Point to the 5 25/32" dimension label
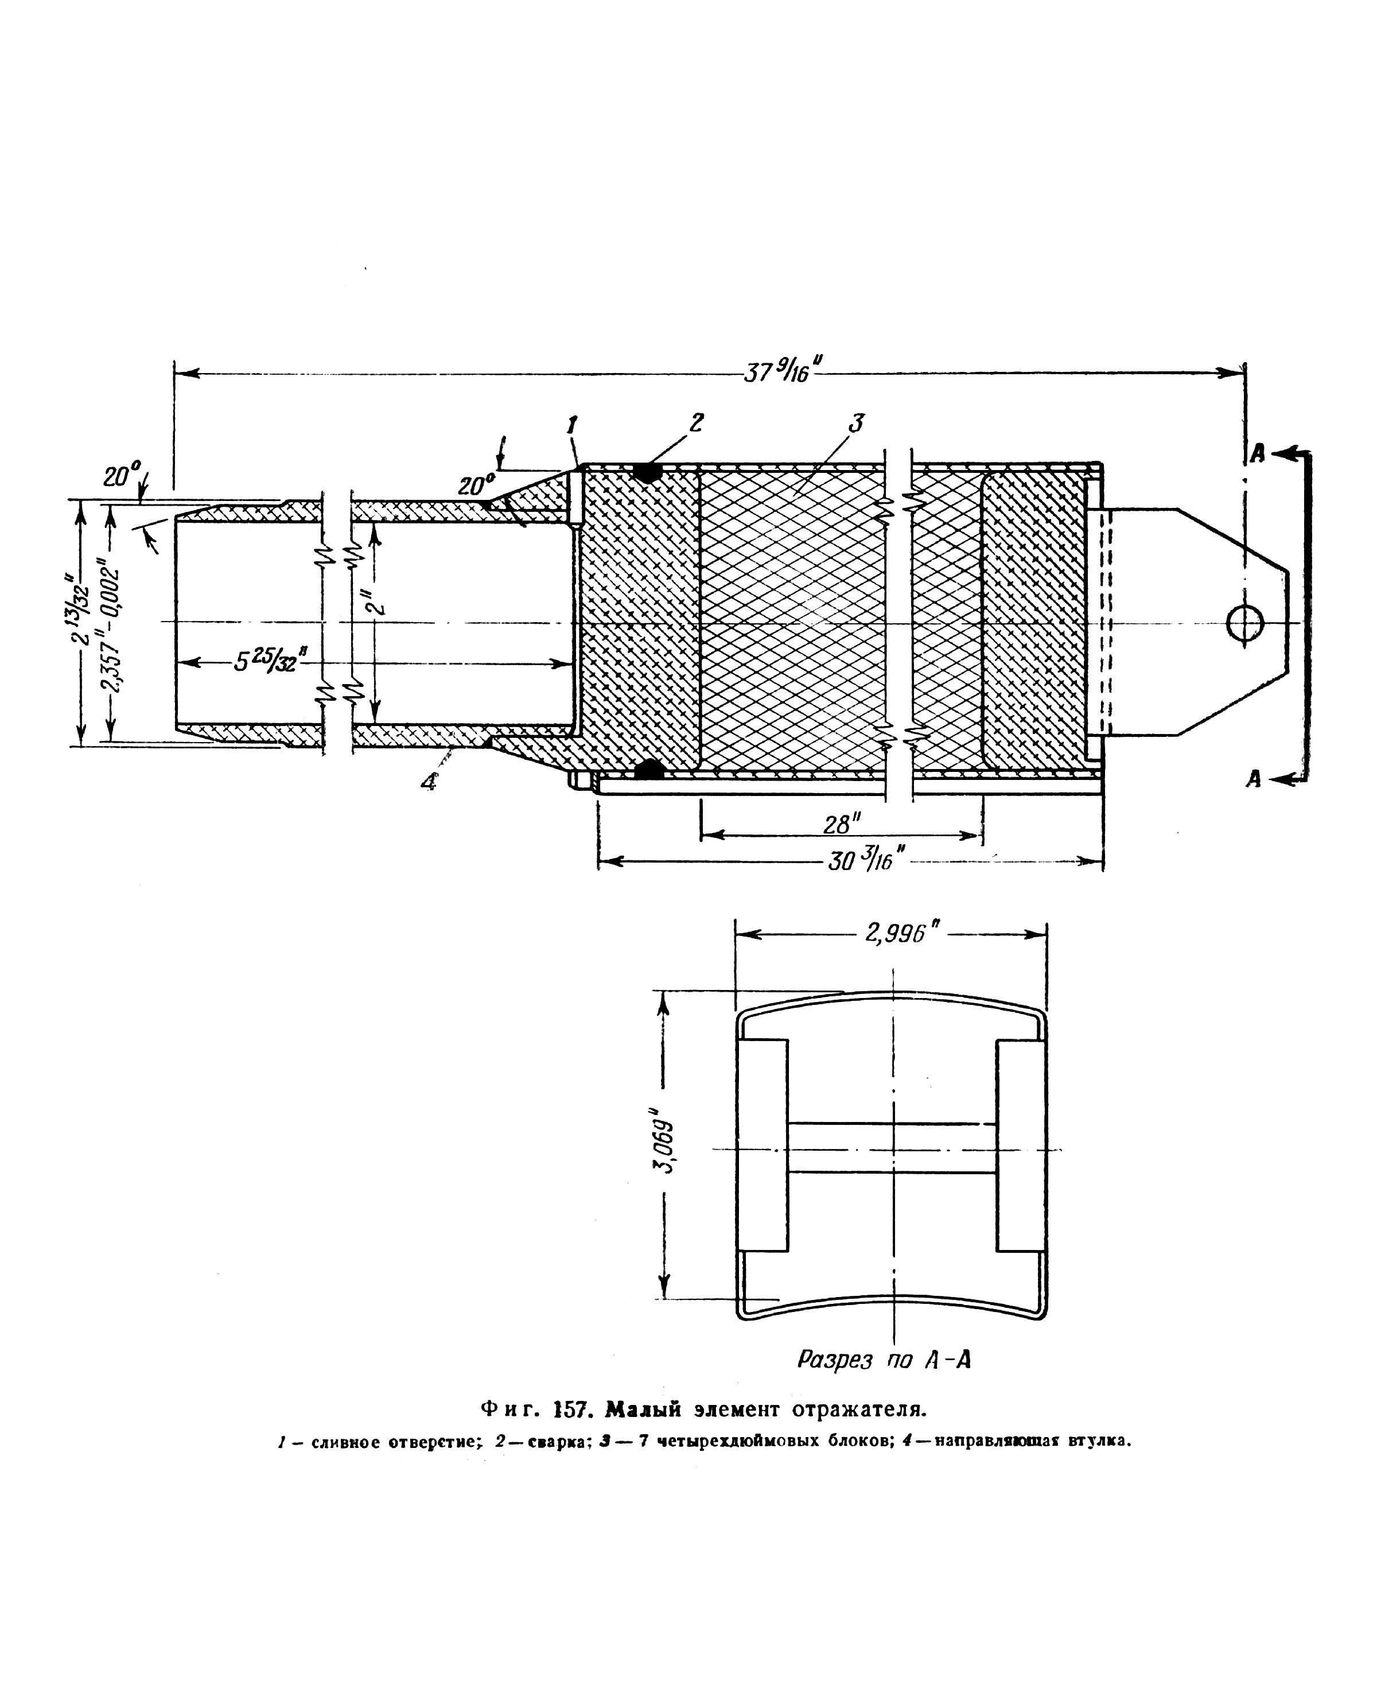click(x=270, y=660)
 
